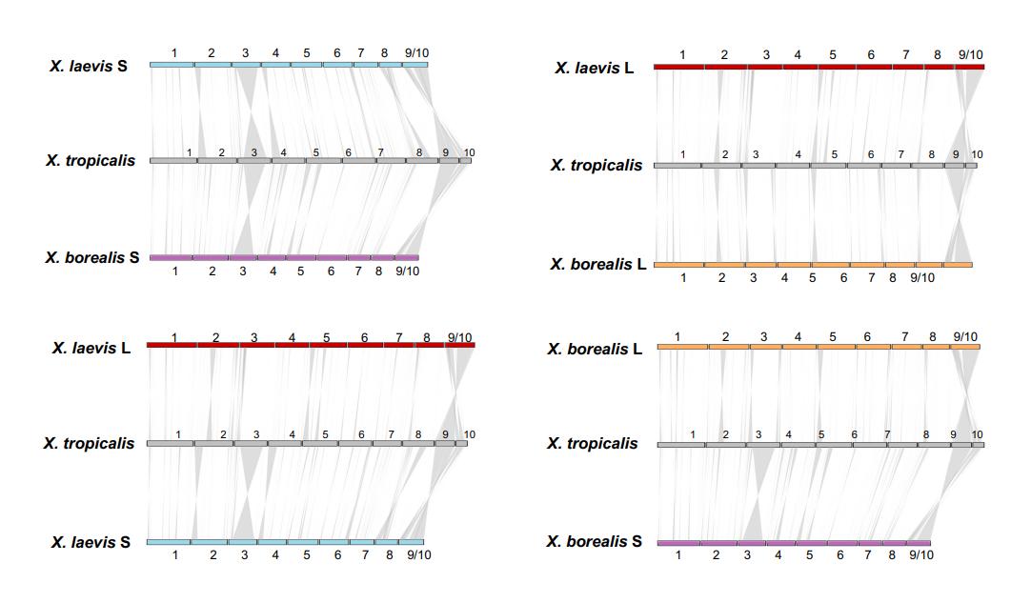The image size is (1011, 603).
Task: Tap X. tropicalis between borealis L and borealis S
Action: [592, 443]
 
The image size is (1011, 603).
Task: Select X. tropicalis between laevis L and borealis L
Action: [596, 165]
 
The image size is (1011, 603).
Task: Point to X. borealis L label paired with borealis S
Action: [595, 349]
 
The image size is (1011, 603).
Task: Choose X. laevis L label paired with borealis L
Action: [595, 68]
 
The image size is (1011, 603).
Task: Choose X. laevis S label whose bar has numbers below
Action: [91, 542]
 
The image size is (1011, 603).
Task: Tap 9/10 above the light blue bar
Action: [415, 53]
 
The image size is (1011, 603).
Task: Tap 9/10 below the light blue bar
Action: [415, 554]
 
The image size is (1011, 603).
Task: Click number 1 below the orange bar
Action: [682, 278]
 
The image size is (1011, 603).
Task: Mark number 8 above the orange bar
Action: [933, 336]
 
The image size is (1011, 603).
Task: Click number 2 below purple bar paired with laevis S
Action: [212, 271]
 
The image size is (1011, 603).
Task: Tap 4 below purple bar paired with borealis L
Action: [778, 555]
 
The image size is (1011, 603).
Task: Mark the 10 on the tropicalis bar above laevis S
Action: [469, 434]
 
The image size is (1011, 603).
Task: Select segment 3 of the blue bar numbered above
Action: [246, 65]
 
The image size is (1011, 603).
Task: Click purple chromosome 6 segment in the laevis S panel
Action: [332, 257]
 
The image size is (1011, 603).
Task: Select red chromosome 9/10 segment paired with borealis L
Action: [969, 67]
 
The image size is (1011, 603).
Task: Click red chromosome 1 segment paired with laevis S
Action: [172, 345]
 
